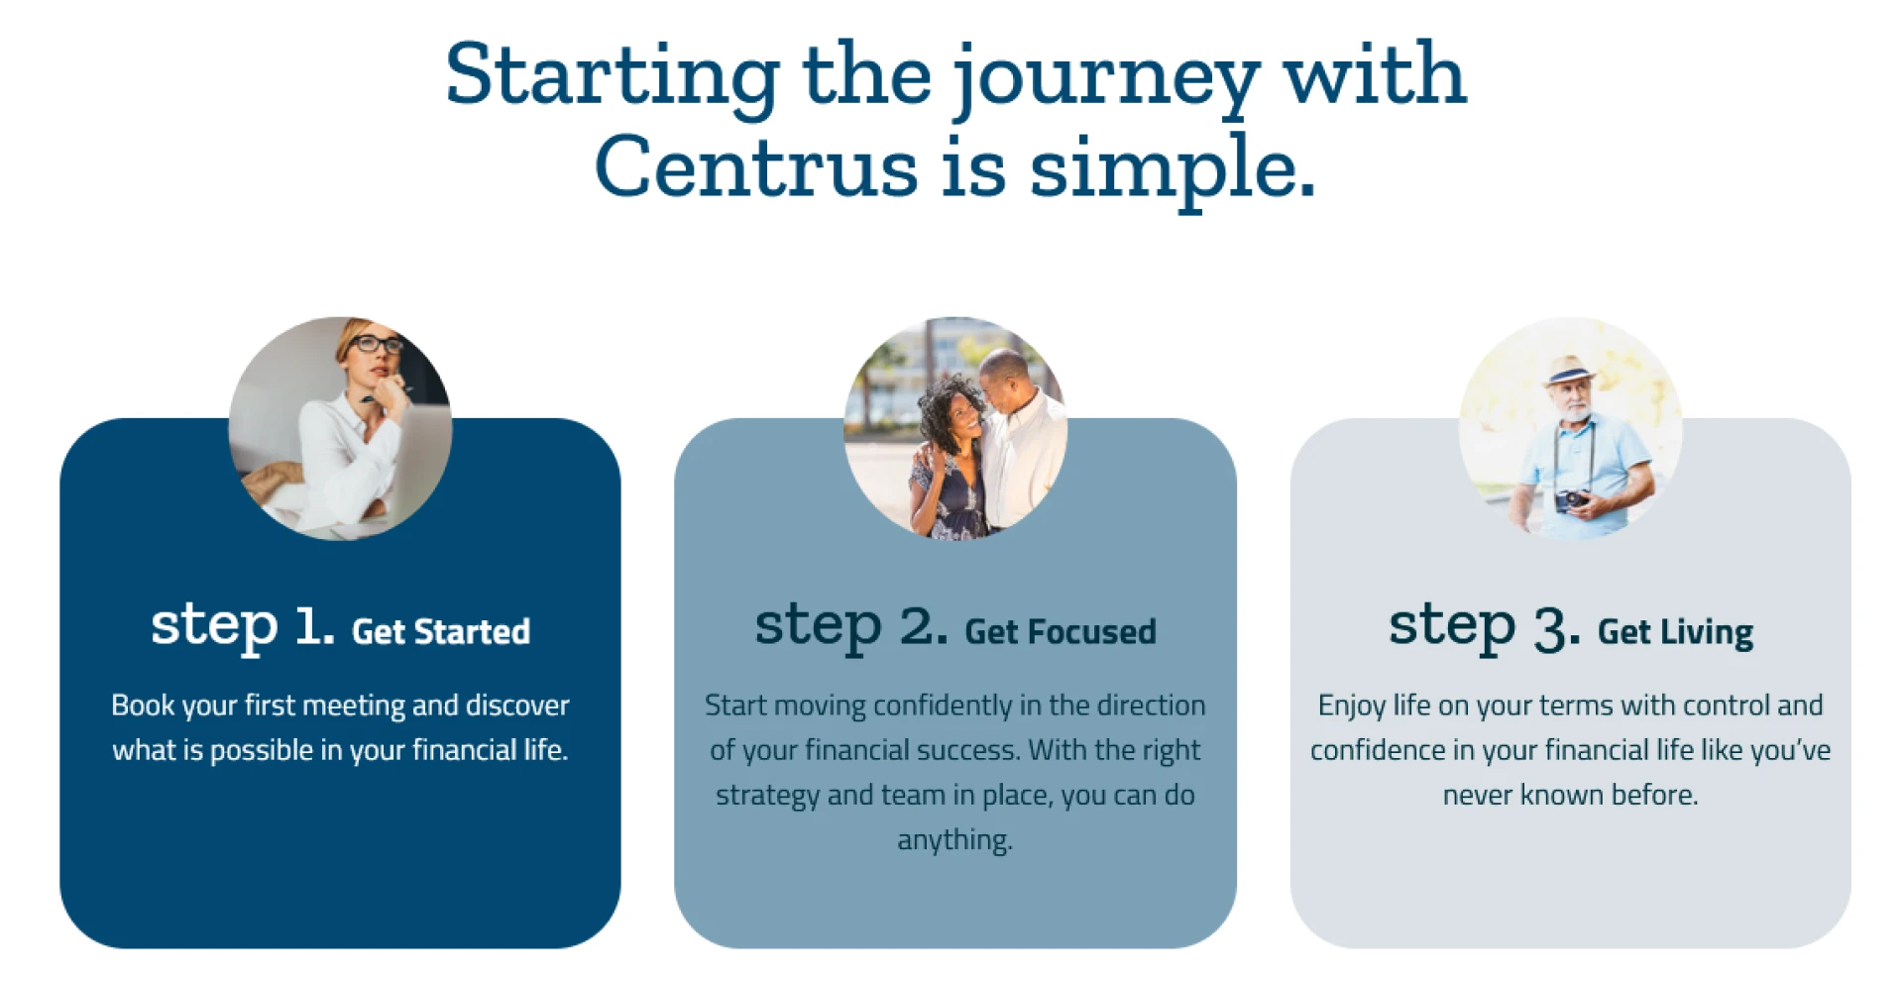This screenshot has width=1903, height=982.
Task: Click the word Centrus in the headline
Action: click(x=756, y=166)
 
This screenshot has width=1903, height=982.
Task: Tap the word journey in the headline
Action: click(x=1106, y=77)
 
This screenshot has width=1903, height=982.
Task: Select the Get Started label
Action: click(x=441, y=631)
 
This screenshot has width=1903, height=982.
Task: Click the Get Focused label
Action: click(x=1061, y=631)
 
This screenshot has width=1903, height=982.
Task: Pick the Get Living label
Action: click(x=1675, y=631)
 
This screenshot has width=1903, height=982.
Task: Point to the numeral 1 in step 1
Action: click(x=311, y=626)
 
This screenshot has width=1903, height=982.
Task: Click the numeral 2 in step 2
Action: click(x=922, y=626)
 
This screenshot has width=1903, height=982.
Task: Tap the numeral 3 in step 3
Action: click(x=1554, y=628)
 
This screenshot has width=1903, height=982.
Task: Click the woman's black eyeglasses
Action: click(x=376, y=345)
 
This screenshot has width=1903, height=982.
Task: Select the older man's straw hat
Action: click(x=1568, y=371)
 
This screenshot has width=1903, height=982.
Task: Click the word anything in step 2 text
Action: click(x=954, y=840)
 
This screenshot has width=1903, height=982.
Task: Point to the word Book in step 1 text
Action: click(x=143, y=706)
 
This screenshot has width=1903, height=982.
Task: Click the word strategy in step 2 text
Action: click(x=767, y=796)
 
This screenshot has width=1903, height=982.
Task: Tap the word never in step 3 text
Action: click(x=1477, y=795)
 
